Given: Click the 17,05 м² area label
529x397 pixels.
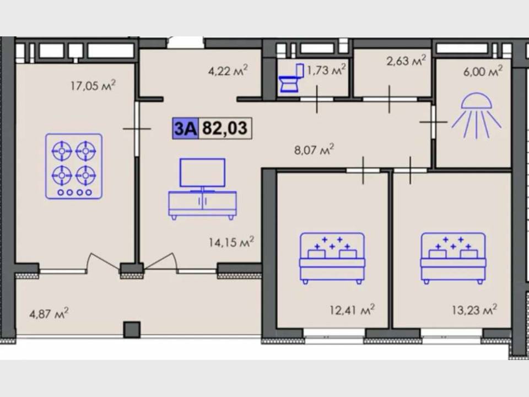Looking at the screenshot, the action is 93,85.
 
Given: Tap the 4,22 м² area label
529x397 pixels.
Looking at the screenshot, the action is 228,70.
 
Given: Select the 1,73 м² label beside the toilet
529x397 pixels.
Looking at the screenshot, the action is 326,69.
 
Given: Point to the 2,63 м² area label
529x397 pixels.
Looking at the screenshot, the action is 406,61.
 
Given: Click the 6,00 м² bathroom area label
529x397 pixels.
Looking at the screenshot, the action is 483,71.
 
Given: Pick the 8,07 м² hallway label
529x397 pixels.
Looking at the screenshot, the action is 314,149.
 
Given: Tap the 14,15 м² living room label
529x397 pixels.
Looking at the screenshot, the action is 231,242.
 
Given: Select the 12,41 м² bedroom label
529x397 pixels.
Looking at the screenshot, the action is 352,309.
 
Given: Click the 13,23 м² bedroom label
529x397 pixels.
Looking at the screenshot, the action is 474,309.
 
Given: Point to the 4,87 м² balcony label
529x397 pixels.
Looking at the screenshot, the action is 49,313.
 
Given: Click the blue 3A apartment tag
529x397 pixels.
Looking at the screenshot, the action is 185,128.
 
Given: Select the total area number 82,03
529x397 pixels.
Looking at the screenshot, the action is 225,128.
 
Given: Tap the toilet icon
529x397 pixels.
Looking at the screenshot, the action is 291,78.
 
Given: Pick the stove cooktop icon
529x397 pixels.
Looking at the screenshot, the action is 74,166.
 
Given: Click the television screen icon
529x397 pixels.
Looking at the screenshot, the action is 202,173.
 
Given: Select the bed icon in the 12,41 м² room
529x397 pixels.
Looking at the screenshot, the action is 332,258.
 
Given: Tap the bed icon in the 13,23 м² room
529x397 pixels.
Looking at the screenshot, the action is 453,258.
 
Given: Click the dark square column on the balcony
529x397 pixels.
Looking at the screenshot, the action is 132,330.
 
